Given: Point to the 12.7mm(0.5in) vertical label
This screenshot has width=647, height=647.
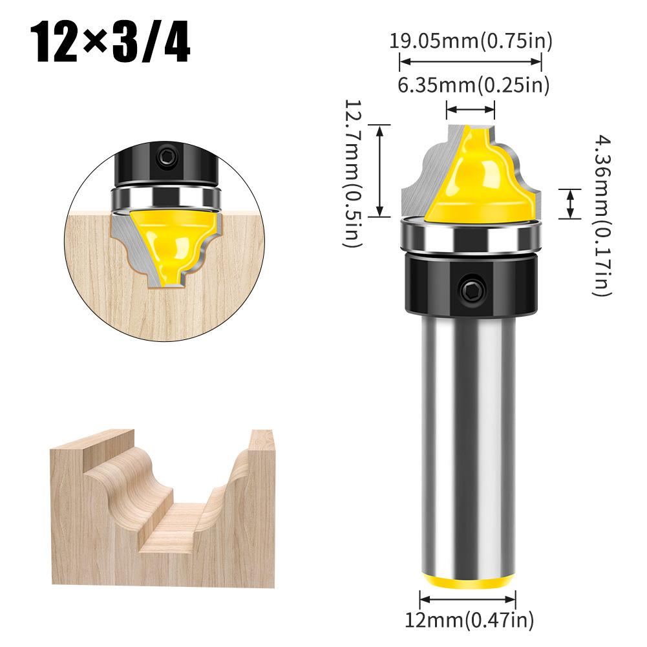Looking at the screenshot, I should (x=353, y=173).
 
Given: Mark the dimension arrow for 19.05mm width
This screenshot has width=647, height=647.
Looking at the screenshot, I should (x=470, y=62).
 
